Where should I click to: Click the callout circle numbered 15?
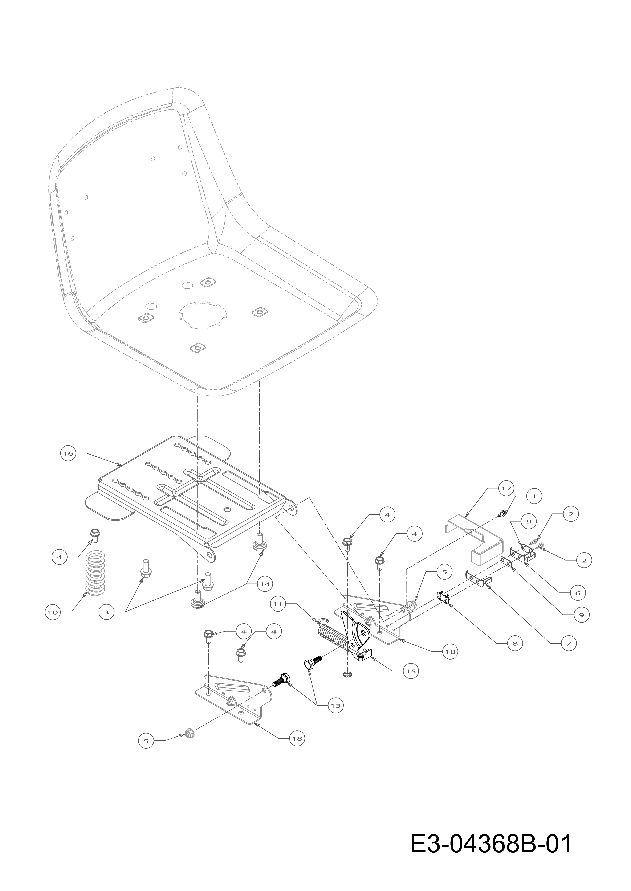pos(411,671)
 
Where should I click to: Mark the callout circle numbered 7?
pos(569,644)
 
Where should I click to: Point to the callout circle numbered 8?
pos(515,644)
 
